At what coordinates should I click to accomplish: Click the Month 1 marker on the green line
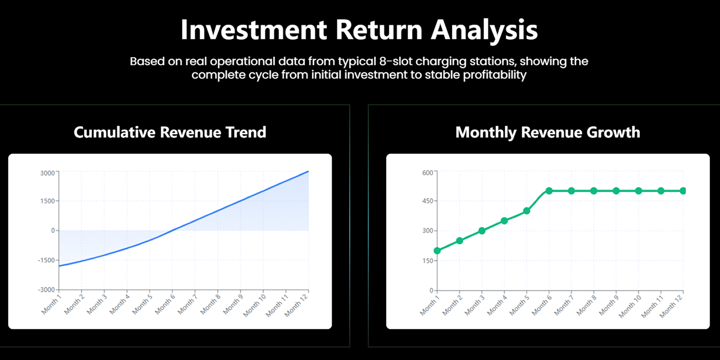pyautogui.click(x=437, y=250)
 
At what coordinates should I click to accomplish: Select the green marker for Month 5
pyautogui.click(x=526, y=211)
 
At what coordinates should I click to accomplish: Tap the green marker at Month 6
pyautogui.click(x=549, y=191)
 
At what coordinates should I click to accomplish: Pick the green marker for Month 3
pyautogui.click(x=482, y=231)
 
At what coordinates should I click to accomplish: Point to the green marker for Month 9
pyautogui.click(x=616, y=191)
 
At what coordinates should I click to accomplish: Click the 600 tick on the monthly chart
pyautogui.click(x=427, y=173)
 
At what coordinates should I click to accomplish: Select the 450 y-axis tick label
pyautogui.click(x=427, y=201)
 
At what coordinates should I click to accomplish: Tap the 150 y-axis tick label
pyautogui.click(x=427, y=261)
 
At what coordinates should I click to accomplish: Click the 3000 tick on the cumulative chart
pyautogui.click(x=48, y=173)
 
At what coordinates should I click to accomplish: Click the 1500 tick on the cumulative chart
pyautogui.click(x=48, y=201)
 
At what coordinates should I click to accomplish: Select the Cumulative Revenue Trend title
pyautogui.click(x=170, y=132)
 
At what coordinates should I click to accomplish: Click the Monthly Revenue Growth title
pyautogui.click(x=548, y=133)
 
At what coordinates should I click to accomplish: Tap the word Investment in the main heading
pyautogui.click(x=254, y=30)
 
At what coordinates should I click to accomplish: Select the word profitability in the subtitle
pyautogui.click(x=495, y=75)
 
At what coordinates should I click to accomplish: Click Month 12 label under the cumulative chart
pyautogui.click(x=296, y=305)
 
